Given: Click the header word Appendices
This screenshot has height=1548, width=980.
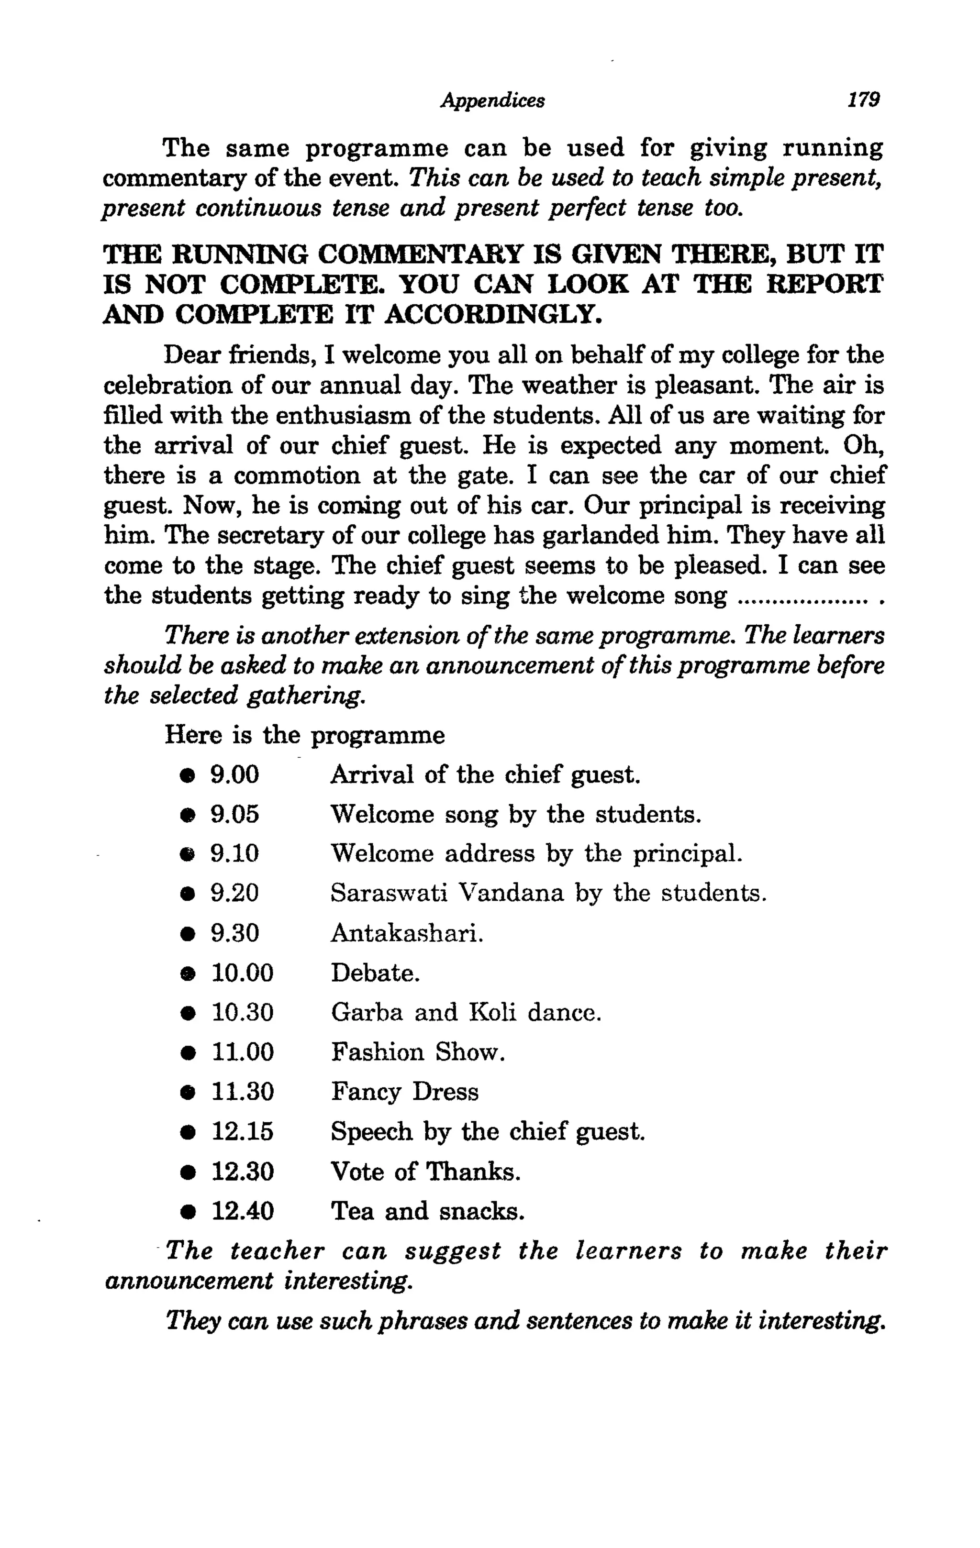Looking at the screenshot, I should pos(492,100).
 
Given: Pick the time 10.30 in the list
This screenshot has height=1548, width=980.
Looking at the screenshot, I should pos(243,1013).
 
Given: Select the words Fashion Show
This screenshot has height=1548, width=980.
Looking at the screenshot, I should pos(417,1052).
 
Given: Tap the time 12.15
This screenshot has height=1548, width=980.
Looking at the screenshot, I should pos(243,1131).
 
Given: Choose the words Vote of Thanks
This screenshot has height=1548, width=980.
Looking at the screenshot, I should pos(425,1172).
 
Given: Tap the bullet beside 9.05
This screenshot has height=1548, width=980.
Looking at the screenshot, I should pos(187,816).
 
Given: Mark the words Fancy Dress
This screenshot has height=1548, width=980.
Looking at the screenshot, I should pos(404,1092).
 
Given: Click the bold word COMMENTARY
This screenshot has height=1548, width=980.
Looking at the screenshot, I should pos(420,254).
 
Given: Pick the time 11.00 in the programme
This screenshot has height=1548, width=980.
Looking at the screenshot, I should pos(243,1052).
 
